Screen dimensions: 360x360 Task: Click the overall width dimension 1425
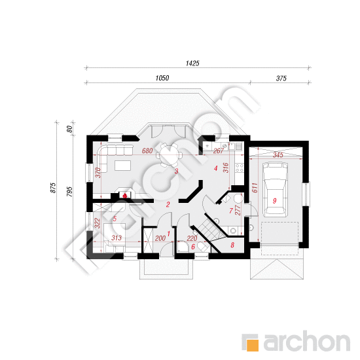192,63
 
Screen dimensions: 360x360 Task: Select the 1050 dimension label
162,78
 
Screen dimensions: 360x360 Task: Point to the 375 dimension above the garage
281,79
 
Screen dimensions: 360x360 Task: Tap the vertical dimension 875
53,188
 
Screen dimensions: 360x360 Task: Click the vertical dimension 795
69,192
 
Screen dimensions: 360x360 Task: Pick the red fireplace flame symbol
125,196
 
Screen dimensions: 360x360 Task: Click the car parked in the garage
275,189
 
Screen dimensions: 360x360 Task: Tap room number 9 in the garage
274,201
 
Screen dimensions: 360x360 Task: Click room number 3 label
176,171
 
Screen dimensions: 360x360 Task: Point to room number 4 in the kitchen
215,168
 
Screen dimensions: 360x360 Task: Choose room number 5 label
115,219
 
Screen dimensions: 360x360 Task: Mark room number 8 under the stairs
232,245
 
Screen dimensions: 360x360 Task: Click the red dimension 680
147,151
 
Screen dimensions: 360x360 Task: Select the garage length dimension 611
255,188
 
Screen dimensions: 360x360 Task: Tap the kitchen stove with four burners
239,168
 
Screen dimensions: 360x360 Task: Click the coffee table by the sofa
123,166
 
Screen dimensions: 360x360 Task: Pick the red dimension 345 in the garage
278,155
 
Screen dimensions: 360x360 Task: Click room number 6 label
193,247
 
